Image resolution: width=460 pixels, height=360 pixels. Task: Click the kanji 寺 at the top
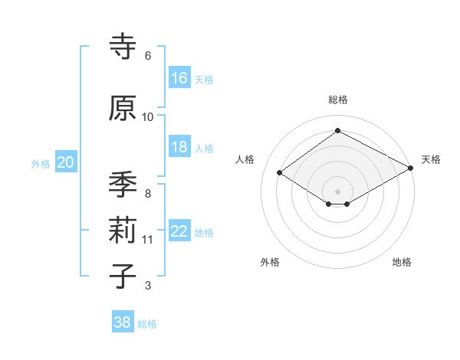tap(123, 47)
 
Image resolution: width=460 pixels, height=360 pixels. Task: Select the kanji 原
tap(123, 108)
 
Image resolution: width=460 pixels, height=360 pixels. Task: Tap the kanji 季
tap(123, 185)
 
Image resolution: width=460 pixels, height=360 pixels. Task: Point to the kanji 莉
tap(123, 230)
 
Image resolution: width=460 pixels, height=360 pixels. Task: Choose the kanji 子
tap(123, 276)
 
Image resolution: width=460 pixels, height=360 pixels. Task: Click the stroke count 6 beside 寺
tap(147, 56)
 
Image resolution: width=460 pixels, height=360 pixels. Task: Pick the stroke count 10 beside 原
tap(148, 117)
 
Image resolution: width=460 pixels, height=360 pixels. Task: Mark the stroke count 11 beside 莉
tap(148, 240)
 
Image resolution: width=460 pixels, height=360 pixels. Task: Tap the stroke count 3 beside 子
tap(147, 286)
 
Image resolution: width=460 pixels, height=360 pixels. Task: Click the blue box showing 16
tap(179, 78)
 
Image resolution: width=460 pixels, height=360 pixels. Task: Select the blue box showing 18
tap(179, 147)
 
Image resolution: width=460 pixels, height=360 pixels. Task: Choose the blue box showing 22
tap(179, 231)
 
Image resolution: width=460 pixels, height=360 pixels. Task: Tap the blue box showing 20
tap(66, 162)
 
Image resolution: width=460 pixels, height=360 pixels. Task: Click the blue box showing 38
tap(123, 322)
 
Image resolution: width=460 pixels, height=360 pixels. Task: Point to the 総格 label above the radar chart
tap(337, 100)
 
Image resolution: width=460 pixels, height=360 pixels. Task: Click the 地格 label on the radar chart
tap(402, 262)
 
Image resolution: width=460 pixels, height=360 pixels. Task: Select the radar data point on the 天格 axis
tap(412, 169)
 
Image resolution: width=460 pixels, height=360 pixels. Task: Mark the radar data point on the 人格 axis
tap(280, 173)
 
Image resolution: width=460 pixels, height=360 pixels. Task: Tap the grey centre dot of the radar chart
tap(337, 190)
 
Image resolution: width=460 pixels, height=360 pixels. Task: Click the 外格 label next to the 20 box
tap(41, 163)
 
